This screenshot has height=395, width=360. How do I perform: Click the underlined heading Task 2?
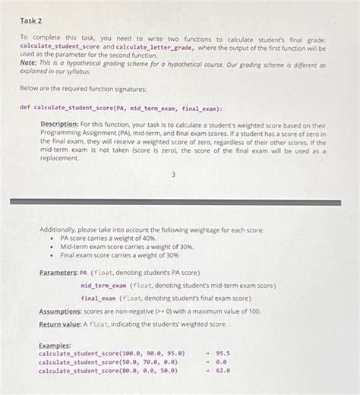click(30, 21)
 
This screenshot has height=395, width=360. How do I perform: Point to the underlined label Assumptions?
click(62, 312)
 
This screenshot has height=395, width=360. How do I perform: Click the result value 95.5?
click(223, 353)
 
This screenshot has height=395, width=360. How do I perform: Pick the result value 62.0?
click(223, 371)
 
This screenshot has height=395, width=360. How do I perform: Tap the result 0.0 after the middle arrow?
click(222, 362)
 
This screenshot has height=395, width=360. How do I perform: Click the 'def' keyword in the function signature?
click(25, 107)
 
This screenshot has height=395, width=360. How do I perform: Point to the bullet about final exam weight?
click(120, 255)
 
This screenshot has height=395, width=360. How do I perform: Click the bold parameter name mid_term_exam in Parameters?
click(103, 285)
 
